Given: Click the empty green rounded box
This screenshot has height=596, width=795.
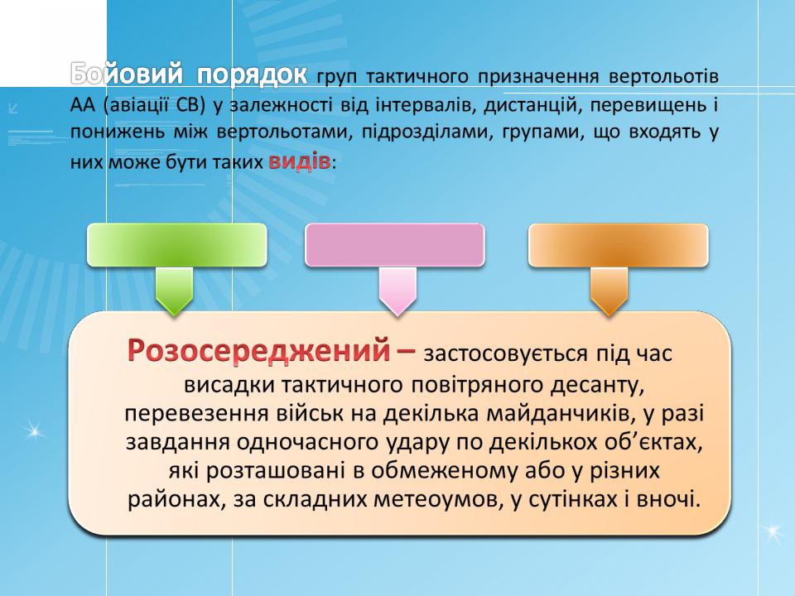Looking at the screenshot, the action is pyautogui.click(x=177, y=245).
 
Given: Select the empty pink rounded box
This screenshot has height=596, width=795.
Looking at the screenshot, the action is pyautogui.click(x=394, y=245).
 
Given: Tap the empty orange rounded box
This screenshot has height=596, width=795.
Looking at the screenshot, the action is pyautogui.click(x=618, y=245).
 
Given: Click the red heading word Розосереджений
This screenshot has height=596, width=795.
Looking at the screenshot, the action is pyautogui.click(x=258, y=350).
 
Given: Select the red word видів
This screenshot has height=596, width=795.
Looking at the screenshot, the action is pyautogui.click(x=299, y=161).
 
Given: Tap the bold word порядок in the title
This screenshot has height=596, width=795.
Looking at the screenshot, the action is pyautogui.click(x=252, y=75).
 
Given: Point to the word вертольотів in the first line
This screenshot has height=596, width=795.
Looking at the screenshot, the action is pyautogui.click(x=663, y=76).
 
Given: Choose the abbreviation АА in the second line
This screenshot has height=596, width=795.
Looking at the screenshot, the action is pyautogui.click(x=83, y=105).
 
